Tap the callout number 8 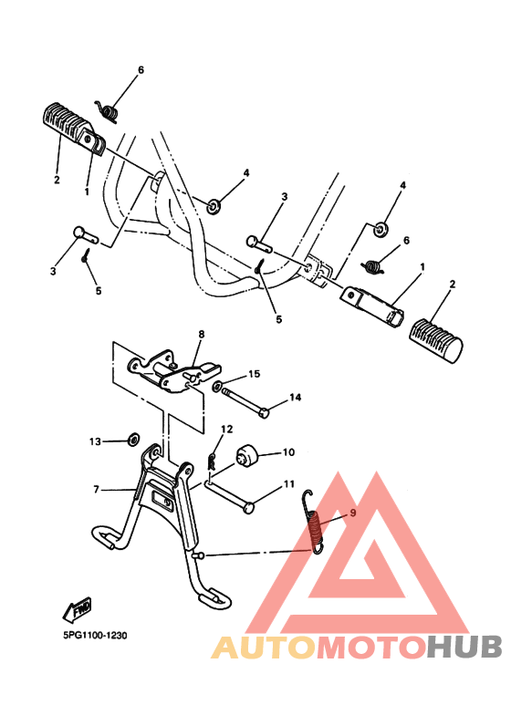(202, 335)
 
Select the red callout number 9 (352, 513)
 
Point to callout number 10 (287, 451)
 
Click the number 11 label (287, 483)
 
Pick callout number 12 (227, 429)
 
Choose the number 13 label (96, 441)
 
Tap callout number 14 (295, 397)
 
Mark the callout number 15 (255, 373)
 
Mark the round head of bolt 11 (247, 508)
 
